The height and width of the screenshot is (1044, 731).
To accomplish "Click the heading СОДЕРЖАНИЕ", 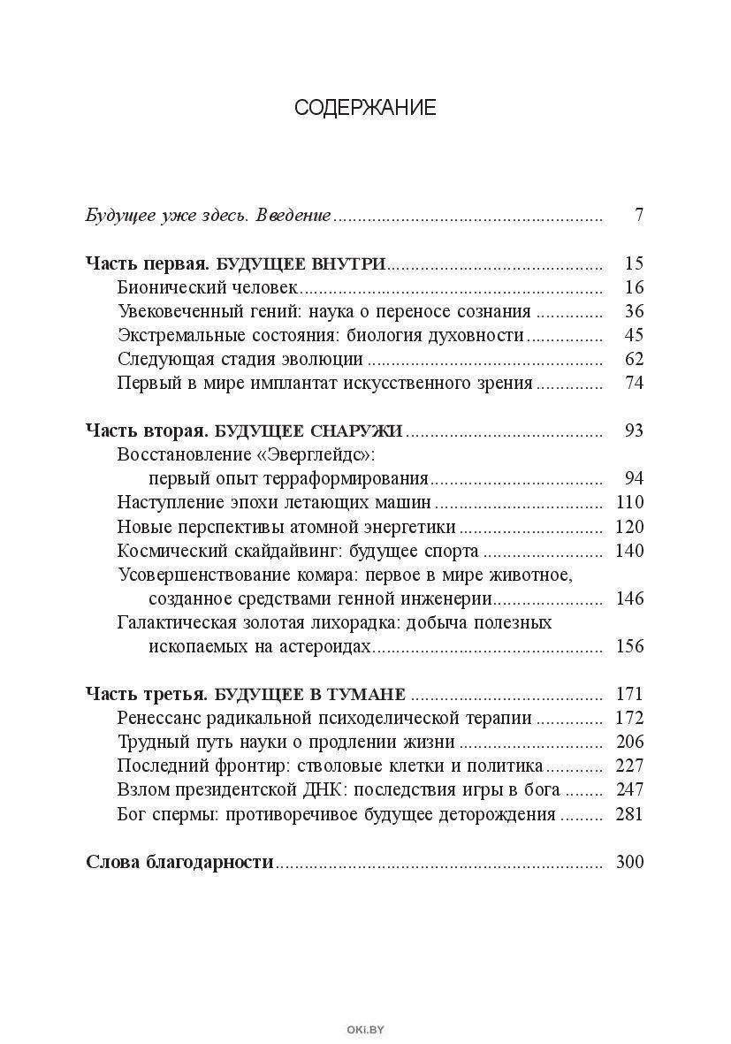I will click(x=365, y=108).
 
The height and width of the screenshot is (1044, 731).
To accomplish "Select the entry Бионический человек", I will click(x=208, y=287).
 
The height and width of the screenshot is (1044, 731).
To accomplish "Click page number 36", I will click(x=633, y=311).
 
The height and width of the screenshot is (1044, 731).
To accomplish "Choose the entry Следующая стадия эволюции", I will click(x=240, y=359).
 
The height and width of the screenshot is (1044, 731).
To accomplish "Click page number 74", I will click(x=633, y=383).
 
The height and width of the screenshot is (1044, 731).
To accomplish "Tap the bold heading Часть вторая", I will click(x=146, y=431).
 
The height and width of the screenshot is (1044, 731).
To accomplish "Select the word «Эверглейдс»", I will click(x=328, y=454).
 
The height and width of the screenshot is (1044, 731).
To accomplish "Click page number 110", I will click(x=629, y=502).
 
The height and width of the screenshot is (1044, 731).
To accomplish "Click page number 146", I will click(x=629, y=598).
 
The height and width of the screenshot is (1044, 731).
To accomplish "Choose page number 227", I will click(x=629, y=766).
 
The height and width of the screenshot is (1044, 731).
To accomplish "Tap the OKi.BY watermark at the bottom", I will click(x=366, y=1028).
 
